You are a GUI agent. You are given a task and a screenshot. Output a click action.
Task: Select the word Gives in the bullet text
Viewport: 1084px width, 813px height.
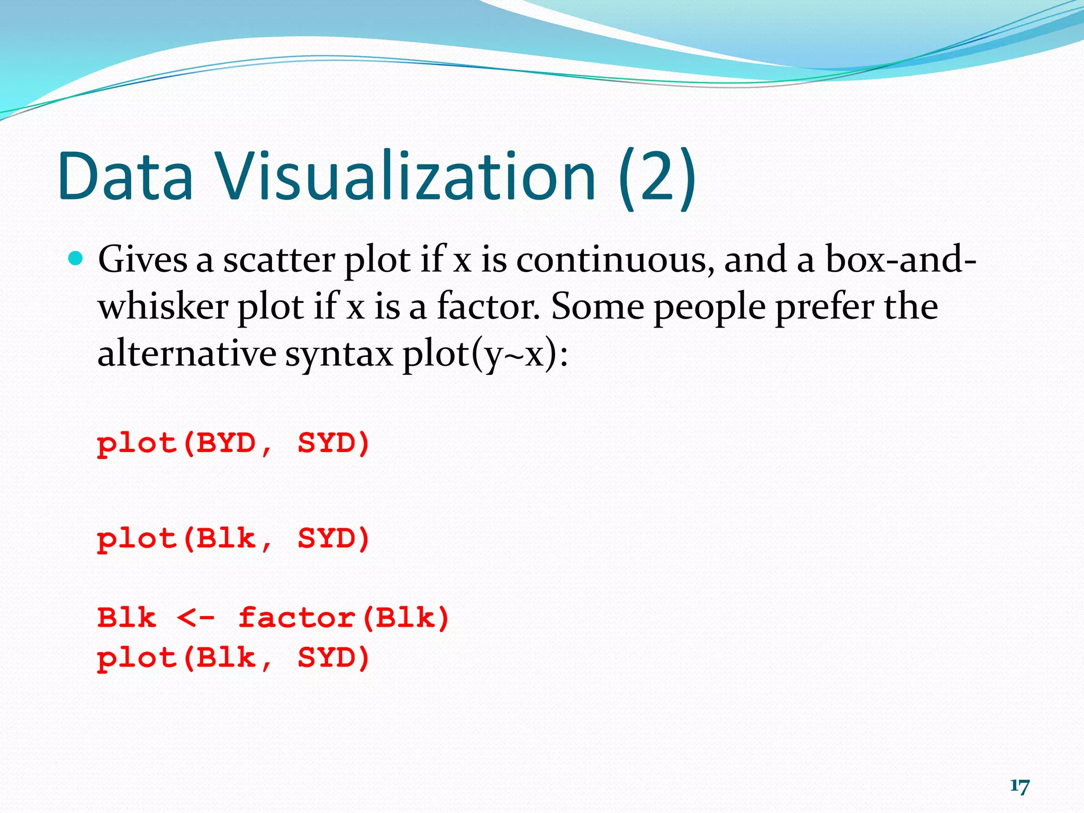(x=142, y=260)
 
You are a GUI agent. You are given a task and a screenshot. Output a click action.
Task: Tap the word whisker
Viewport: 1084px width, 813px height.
(x=163, y=307)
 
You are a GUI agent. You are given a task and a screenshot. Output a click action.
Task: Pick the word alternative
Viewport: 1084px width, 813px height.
(x=186, y=354)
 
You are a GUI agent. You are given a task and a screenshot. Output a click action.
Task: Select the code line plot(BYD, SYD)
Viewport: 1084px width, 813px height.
(x=233, y=443)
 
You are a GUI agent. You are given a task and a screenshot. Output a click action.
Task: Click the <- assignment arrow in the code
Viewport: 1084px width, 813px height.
(x=196, y=618)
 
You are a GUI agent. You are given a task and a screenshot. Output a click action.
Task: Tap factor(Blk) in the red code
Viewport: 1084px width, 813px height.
(x=344, y=618)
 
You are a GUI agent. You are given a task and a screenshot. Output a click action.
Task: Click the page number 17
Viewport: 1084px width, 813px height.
(x=1019, y=786)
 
